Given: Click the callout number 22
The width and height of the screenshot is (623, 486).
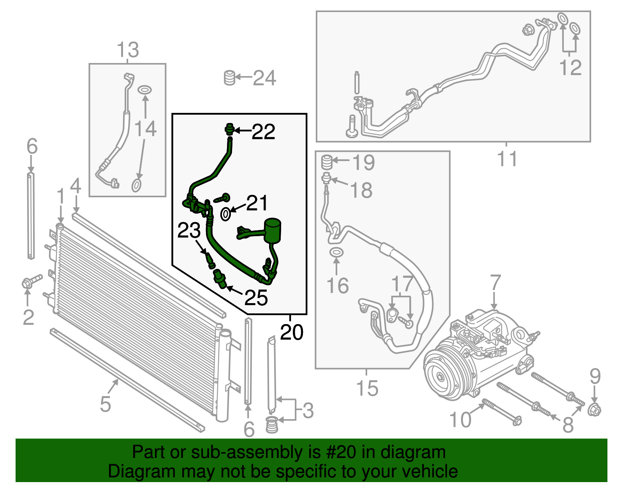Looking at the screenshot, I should (264, 132).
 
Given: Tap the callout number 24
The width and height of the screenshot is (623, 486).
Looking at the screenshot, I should (265, 78).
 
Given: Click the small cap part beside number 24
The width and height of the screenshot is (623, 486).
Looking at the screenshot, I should (230, 78).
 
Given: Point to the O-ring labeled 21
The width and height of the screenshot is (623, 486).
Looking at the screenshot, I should (225, 214).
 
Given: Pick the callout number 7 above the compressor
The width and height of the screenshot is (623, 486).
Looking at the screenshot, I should (495, 283).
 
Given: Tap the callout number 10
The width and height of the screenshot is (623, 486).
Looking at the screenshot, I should (460, 420).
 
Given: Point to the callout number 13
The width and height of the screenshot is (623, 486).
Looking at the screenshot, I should (128, 50).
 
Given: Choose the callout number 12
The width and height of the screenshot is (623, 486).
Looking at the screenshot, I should (570, 68).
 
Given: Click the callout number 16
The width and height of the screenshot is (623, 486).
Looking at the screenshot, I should (337, 286).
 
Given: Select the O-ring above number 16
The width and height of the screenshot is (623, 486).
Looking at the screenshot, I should (336, 253).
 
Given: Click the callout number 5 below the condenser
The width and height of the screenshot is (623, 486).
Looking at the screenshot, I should (106, 404).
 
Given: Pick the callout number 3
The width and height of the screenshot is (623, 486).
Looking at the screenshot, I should (308, 411).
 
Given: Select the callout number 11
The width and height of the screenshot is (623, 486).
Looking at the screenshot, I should (507, 159).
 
